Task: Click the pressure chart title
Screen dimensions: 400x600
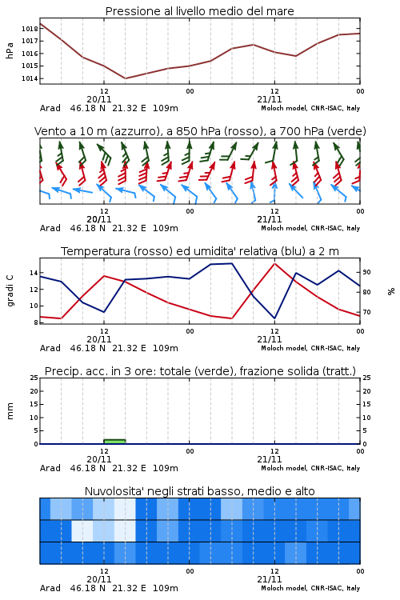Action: [200, 11]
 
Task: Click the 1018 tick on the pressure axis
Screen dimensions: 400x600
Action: [30, 29]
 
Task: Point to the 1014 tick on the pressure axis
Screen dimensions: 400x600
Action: [30, 78]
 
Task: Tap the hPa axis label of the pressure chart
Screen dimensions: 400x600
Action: [10, 50]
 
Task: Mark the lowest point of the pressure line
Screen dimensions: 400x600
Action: [125, 78]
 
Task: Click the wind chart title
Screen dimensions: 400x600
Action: [200, 131]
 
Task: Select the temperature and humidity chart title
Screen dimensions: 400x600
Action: [200, 251]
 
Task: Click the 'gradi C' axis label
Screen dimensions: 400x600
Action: [10, 290]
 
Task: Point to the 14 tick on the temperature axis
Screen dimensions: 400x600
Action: [34, 273]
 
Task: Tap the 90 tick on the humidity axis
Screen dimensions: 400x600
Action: [366, 272]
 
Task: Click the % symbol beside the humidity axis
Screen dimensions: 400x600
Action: [391, 291]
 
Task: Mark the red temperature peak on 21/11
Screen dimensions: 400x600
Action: [274, 263]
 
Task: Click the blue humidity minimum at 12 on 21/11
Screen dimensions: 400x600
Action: [274, 318]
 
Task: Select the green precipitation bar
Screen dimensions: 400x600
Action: [115, 442]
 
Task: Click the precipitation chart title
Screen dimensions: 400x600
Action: [200, 371]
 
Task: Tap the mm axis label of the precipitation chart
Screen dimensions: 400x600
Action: [10, 410]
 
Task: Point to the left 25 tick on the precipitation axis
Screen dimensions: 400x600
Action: [34, 378]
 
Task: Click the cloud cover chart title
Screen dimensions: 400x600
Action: [200, 491]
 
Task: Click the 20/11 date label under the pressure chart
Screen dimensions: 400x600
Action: [99, 99]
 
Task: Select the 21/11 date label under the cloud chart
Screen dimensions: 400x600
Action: [270, 579]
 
